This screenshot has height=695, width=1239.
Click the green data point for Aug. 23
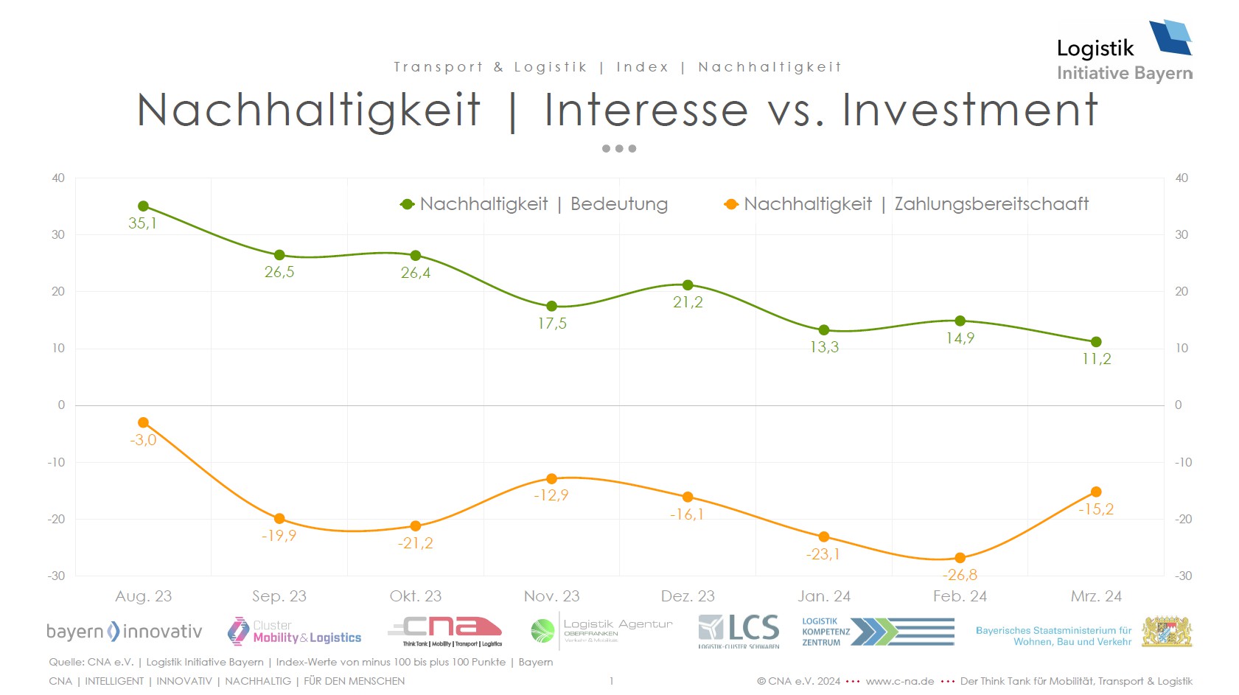(x=143, y=206)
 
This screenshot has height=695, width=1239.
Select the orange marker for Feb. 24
(x=960, y=558)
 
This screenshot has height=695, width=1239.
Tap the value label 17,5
(x=552, y=324)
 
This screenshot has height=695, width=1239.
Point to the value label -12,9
(x=551, y=495)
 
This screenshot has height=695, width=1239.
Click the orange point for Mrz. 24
(x=1096, y=492)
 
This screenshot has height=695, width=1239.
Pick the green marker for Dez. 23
(x=688, y=285)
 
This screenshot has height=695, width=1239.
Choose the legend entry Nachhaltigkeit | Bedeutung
(x=534, y=204)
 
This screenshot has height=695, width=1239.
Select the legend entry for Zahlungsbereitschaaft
(x=907, y=204)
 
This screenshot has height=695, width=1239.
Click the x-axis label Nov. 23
(x=551, y=596)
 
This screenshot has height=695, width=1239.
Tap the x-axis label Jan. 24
(x=824, y=596)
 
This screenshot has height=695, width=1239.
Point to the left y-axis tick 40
(x=58, y=178)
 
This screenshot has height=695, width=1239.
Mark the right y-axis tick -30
(x=1182, y=576)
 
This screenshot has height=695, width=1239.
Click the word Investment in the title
(x=970, y=111)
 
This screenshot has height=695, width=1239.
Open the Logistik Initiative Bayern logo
(x=1124, y=51)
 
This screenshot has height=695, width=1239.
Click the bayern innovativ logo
(x=124, y=632)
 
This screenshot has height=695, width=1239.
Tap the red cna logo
(x=446, y=631)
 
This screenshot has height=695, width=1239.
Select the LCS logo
(x=739, y=630)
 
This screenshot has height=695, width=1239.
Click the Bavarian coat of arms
(x=1167, y=632)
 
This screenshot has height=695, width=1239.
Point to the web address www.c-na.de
(x=899, y=681)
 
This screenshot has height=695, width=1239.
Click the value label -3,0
(x=143, y=440)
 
